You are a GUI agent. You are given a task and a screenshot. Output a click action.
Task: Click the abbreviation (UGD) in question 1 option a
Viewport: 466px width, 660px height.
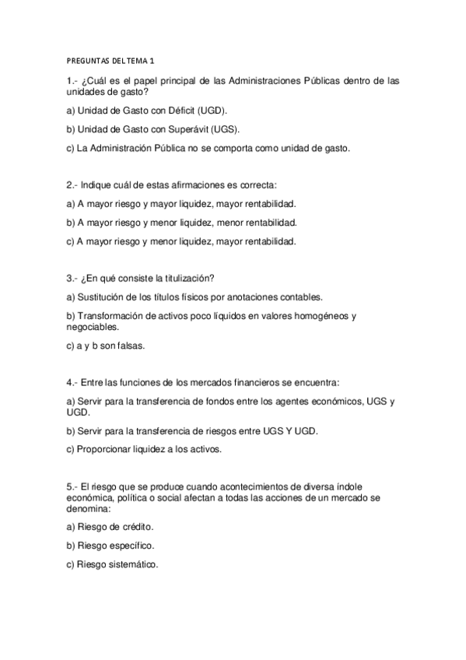point(220,111)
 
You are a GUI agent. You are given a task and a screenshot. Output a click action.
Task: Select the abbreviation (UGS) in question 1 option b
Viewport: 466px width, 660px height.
point(225,129)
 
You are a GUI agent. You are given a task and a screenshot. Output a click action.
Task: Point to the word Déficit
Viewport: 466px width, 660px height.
point(180,111)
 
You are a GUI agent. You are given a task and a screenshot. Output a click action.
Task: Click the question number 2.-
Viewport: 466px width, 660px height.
point(72,185)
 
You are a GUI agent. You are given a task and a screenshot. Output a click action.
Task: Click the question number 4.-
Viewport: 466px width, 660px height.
point(72,382)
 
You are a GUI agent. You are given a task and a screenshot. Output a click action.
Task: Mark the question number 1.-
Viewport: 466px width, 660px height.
point(72,81)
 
